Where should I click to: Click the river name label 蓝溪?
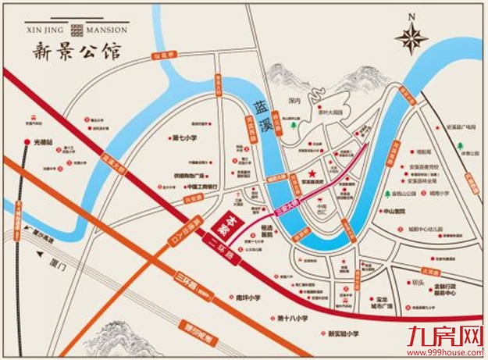click(x=265, y=112)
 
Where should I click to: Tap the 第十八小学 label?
click(x=294, y=319)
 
